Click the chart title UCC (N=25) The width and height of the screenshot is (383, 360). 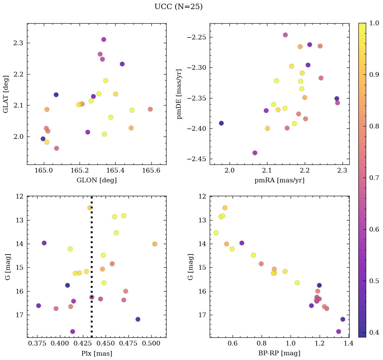coord(178,7)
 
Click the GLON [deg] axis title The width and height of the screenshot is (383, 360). coord(96,180)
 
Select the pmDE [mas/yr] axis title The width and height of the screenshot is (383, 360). coord(179,94)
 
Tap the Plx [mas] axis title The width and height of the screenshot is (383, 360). coord(96,354)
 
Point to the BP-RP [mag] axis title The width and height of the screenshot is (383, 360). coord(279,354)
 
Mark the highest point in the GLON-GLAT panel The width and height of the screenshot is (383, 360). coord(104,39)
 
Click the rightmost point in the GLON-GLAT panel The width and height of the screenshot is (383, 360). coord(150,109)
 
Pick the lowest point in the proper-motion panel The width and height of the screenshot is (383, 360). coord(255,153)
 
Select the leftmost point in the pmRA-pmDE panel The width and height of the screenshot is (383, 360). coord(221,123)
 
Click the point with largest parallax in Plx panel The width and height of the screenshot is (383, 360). coord(154,244)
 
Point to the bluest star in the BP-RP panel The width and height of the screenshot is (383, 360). coord(216,233)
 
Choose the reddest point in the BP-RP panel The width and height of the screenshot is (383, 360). coord(343,319)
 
